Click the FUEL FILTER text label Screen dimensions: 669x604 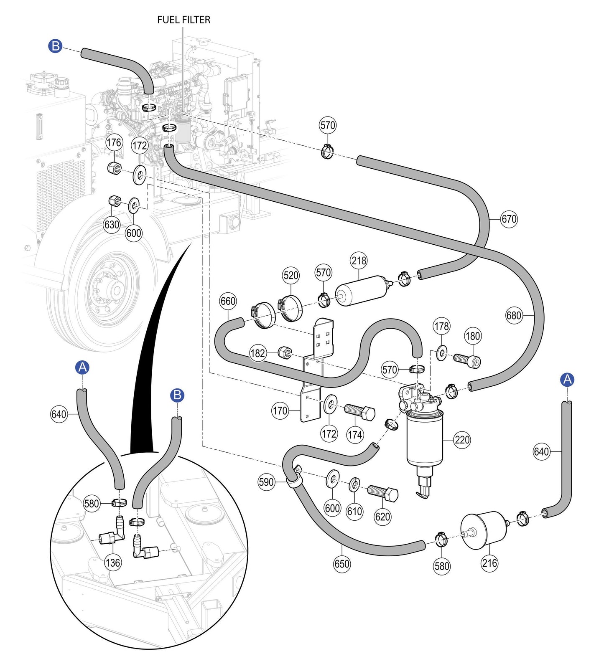(x=183, y=20)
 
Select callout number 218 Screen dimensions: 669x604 (x=359, y=261)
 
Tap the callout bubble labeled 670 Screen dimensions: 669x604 (x=509, y=219)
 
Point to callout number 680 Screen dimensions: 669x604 (x=514, y=315)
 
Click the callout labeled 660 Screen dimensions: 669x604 (x=228, y=301)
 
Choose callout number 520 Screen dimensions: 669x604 (x=291, y=275)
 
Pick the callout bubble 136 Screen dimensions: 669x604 (x=113, y=563)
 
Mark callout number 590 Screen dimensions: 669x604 (x=266, y=482)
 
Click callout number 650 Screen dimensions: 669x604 (x=342, y=564)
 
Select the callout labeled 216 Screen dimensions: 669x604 (x=489, y=563)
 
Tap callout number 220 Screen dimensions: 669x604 (x=462, y=440)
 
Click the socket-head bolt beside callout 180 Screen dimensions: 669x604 (x=467, y=360)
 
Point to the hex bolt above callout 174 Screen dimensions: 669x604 (x=359, y=412)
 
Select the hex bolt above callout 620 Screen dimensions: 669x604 (x=382, y=493)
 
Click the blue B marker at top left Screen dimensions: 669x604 (x=55, y=46)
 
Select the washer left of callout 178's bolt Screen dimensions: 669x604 (x=441, y=353)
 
